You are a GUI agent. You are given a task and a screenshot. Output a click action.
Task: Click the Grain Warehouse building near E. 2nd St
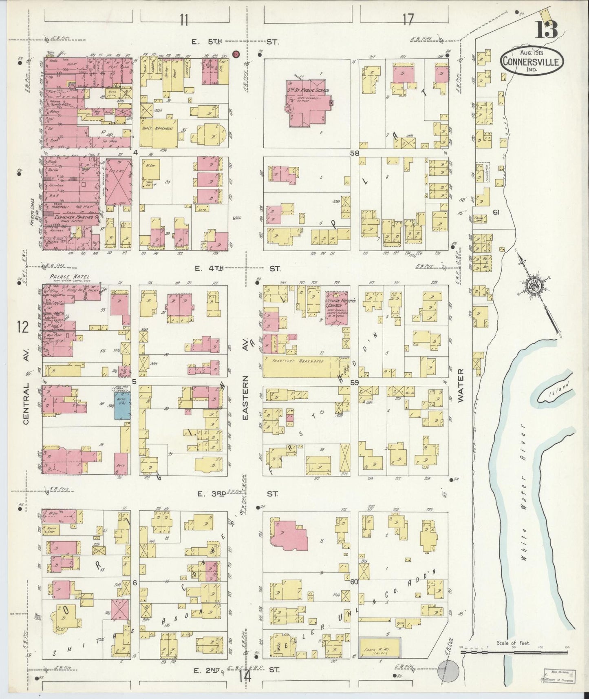(380, 648)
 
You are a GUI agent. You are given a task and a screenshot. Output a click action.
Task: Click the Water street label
(461, 386)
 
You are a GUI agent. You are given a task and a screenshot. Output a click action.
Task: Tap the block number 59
(354, 383)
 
